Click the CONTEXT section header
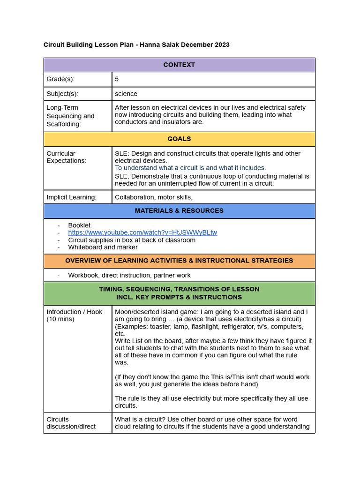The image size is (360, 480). click(x=179, y=65)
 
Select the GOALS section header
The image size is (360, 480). click(x=179, y=139)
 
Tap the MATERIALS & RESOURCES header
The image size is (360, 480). click(x=179, y=211)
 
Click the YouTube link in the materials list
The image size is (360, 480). click(x=142, y=232)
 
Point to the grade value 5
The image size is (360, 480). click(x=117, y=79)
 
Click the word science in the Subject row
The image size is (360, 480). click(x=126, y=94)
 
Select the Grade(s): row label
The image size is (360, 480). click(x=60, y=79)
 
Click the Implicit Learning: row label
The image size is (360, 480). click(x=71, y=197)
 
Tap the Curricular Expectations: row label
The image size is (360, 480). click(x=66, y=157)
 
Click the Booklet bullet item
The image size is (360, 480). click(x=79, y=225)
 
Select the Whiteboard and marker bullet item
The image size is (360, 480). click(x=103, y=247)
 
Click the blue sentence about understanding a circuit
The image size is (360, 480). click(x=190, y=168)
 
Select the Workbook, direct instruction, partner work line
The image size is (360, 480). click(x=129, y=275)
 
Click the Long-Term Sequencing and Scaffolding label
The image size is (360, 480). click(x=70, y=116)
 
